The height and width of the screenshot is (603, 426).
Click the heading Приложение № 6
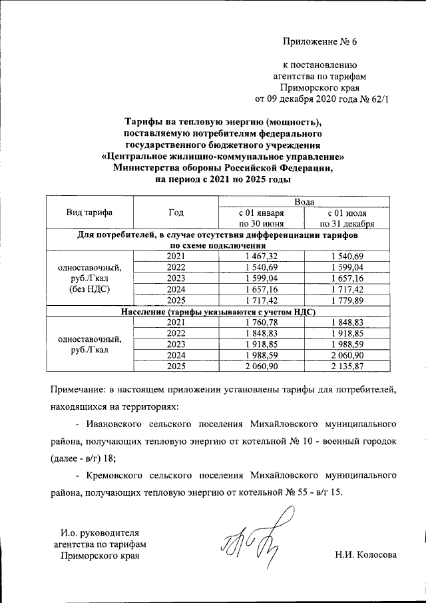(320, 42)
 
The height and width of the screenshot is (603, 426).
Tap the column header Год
(176, 213)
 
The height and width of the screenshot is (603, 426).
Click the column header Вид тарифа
(89, 213)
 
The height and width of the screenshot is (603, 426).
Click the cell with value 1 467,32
(261, 257)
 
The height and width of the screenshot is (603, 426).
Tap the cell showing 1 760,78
(261, 322)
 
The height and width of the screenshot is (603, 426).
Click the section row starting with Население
(218, 312)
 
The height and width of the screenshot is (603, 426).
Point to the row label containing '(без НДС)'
(89, 290)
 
